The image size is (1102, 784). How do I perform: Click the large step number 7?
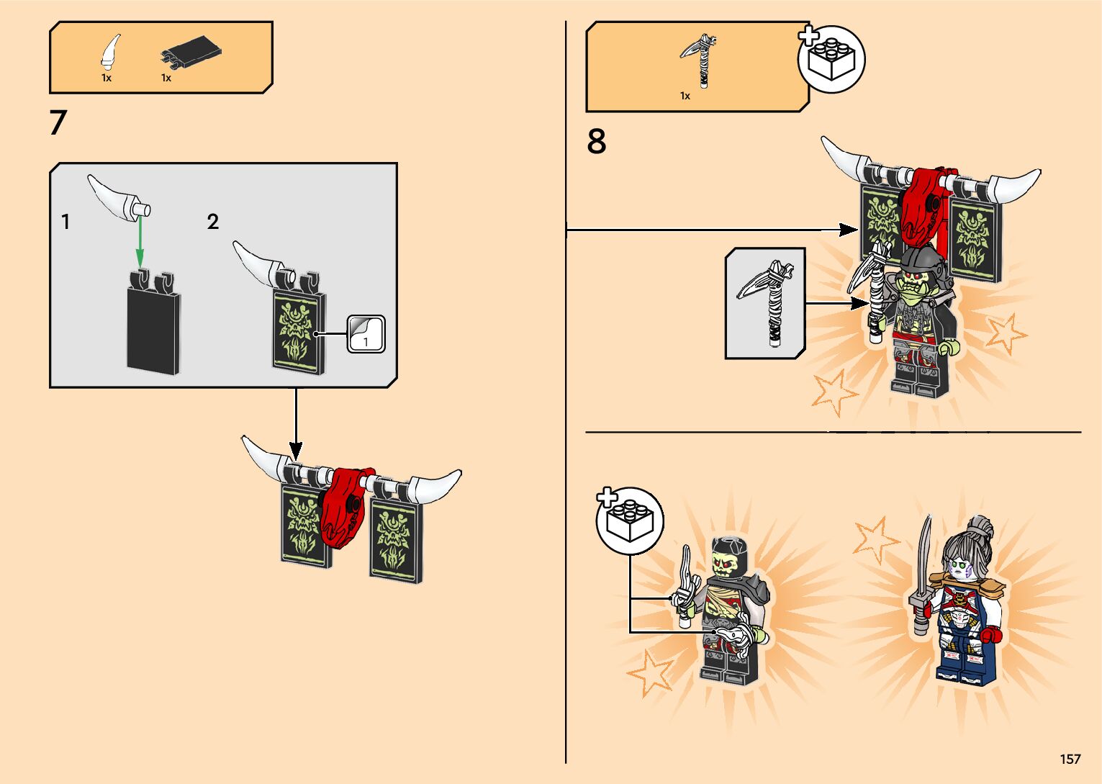point(58,122)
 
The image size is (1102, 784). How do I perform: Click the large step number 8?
point(596,141)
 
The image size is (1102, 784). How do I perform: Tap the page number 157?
point(1070,759)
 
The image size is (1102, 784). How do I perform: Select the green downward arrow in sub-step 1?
point(140,241)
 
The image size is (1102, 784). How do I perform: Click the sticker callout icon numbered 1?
point(366,334)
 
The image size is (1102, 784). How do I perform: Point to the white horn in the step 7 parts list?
point(110,50)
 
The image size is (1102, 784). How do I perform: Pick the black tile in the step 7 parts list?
point(191,52)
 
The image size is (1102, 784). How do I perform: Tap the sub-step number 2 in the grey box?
point(212,222)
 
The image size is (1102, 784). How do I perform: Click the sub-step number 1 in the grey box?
point(66,222)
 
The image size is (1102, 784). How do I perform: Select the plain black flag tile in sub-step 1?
point(153,323)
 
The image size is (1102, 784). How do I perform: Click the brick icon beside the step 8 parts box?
point(831,60)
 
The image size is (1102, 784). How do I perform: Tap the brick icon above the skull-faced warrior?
point(630,521)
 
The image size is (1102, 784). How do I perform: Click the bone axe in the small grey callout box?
point(765,302)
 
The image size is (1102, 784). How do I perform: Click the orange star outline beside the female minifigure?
point(876,540)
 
